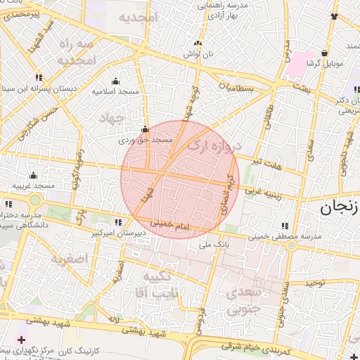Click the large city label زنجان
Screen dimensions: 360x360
tap(340, 207)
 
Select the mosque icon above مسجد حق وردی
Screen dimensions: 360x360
tap(145, 129)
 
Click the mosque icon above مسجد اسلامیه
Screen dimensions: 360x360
tap(116, 81)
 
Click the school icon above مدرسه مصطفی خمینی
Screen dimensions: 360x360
tap(285, 226)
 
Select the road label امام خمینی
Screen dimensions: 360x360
tap(172, 224)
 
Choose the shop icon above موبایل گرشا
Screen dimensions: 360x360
tap(324, 53)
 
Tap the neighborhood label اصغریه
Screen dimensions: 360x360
tap(68, 258)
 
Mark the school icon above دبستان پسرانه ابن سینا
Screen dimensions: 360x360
tap(37, 77)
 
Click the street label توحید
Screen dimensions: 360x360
tap(316, 283)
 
